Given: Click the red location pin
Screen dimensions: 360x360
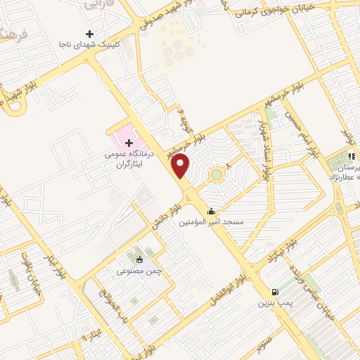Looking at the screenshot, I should point(181,166).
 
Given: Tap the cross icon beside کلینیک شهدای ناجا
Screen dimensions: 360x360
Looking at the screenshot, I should point(89,34).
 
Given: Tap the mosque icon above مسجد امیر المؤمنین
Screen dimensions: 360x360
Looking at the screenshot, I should point(211,211).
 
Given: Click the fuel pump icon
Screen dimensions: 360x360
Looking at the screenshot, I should point(274,292).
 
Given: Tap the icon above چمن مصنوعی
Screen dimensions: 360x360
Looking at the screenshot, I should point(139,259).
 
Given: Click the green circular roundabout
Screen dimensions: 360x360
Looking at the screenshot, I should point(217,174).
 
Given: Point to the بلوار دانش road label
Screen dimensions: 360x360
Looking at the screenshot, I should point(165,214).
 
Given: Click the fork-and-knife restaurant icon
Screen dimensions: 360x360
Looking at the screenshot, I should point(350,156).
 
